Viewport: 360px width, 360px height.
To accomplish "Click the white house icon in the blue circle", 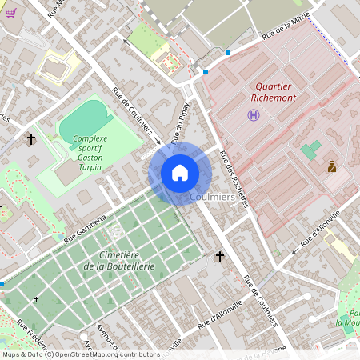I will point(180,173).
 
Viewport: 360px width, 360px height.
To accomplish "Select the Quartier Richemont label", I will point(274,91).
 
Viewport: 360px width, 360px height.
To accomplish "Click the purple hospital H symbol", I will point(254,116).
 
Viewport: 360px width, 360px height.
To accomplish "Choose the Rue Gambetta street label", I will point(85,228).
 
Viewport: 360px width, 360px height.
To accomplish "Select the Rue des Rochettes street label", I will point(235,179).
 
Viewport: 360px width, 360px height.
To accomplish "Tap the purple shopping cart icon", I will point(10,13).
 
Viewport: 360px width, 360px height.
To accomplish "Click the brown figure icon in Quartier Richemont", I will point(331,166).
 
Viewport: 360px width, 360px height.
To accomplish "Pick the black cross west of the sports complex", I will point(31,139).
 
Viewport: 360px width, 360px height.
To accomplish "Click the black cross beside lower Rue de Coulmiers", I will point(220,256).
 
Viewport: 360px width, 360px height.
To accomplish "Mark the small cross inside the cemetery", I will point(36,299).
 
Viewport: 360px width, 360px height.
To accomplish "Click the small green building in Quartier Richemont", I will point(310,150).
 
